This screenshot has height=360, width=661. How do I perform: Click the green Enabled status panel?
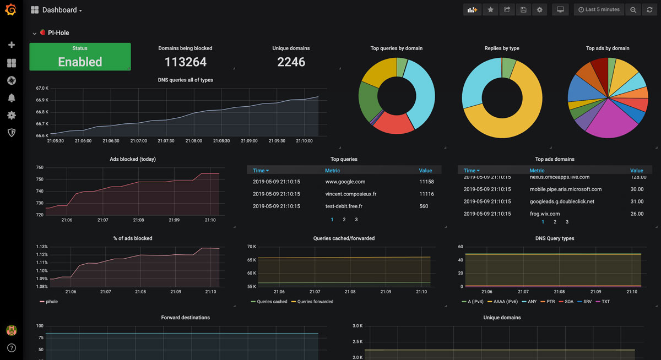click(80, 57)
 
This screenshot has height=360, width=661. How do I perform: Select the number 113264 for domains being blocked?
click(185, 62)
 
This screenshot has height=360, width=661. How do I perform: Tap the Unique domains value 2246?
click(291, 62)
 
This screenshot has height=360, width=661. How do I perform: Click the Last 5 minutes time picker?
click(599, 10)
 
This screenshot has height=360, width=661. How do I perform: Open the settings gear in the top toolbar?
click(539, 10)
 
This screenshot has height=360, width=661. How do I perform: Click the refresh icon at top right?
click(650, 10)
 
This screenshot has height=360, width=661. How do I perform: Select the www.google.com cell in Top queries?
click(345, 182)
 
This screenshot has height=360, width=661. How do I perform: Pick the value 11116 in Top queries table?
click(426, 194)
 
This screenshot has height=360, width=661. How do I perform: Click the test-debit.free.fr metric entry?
click(344, 206)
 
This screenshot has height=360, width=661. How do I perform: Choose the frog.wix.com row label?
click(544, 214)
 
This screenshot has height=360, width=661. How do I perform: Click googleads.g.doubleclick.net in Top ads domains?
click(562, 201)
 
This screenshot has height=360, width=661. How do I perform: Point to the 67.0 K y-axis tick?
click(42, 88)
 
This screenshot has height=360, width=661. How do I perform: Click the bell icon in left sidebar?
click(11, 98)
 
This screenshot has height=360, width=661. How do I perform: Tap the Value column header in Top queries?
click(425, 171)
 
